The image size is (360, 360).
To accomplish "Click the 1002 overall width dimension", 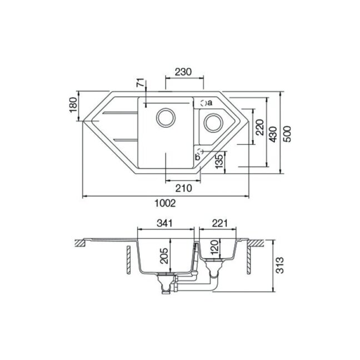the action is click(165, 203).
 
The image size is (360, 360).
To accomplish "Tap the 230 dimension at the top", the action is click(183, 72).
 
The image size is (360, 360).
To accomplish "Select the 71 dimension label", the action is click(141, 83).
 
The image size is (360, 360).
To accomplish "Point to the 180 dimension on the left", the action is click(73, 105).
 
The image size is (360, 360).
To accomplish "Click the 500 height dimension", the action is click(287, 134).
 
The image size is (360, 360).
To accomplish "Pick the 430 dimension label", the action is click(273, 134).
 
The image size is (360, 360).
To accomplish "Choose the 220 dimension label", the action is click(259, 127).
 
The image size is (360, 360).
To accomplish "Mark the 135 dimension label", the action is click(219, 162).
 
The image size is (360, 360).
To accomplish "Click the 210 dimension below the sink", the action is click(184, 188).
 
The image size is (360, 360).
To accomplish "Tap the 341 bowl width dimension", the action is click(164, 223).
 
